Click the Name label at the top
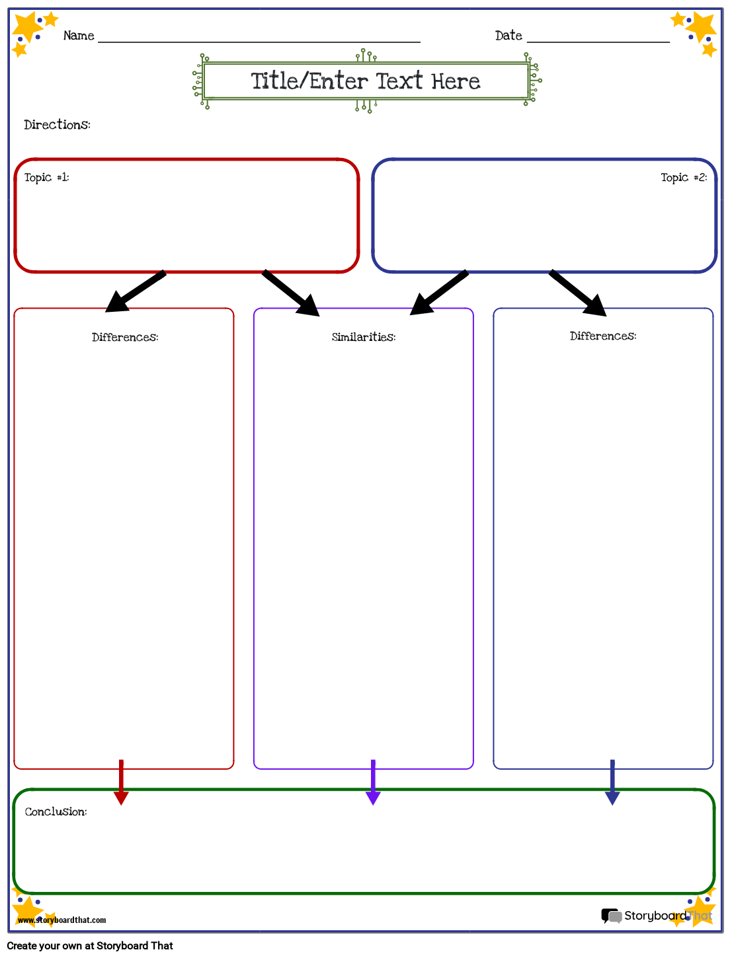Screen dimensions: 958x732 (x=79, y=36)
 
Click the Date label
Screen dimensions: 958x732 (x=508, y=36)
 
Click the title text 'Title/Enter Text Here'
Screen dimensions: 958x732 (x=366, y=81)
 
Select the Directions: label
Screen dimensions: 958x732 (x=57, y=125)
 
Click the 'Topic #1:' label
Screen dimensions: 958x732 (x=46, y=177)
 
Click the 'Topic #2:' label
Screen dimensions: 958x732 (x=684, y=177)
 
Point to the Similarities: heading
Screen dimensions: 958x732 (x=364, y=337)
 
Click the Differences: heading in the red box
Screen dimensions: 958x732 (x=125, y=337)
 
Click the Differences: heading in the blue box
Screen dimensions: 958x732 (x=603, y=336)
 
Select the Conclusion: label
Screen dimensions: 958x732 (x=56, y=811)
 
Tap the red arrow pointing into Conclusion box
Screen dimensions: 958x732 (x=121, y=783)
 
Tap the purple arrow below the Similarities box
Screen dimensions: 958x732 (x=373, y=783)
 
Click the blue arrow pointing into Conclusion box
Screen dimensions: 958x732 (x=612, y=783)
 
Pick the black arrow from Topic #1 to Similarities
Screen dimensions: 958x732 (x=291, y=293)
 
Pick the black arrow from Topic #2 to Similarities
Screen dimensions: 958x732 (x=439, y=293)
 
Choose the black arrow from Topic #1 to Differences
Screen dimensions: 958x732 (x=136, y=291)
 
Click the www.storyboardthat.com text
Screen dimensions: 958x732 (x=61, y=920)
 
